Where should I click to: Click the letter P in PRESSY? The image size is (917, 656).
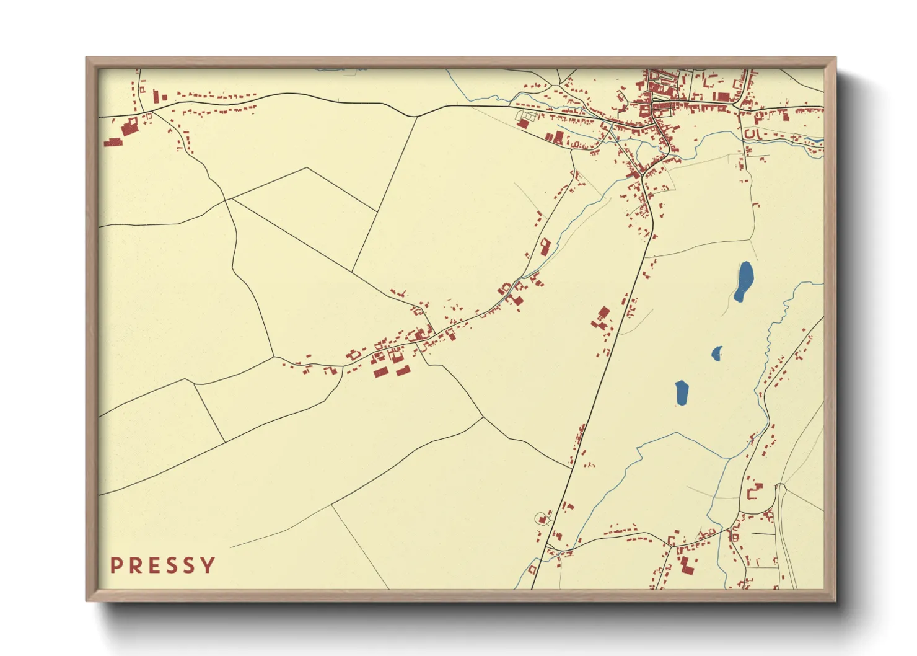click(115, 565)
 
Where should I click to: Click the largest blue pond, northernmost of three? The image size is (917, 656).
click(744, 281)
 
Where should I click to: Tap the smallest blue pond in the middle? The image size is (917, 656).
click(717, 353)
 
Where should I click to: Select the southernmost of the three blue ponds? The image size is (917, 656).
click(682, 392)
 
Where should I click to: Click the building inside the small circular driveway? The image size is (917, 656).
click(543, 519)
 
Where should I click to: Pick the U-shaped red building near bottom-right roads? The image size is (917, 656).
click(754, 493)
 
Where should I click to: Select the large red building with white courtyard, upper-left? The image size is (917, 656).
click(129, 126)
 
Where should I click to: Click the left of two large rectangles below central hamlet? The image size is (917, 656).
click(380, 371)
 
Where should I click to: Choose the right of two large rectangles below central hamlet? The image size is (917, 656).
click(403, 371)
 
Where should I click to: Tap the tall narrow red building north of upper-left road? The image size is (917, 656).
click(156, 95)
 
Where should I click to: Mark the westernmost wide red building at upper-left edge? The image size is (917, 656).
click(113, 142)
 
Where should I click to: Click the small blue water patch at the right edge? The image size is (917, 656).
click(820, 141)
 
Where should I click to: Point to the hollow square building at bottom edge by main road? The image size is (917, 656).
click(532, 569)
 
